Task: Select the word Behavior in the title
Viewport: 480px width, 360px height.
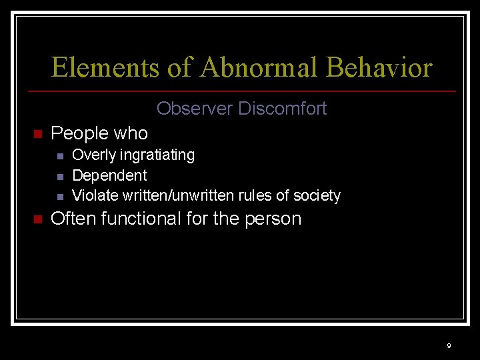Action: click(x=379, y=67)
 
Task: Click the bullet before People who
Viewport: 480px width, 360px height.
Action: click(x=37, y=135)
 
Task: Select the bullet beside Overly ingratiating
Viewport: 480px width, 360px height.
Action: click(x=60, y=156)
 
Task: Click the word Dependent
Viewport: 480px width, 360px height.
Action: click(x=109, y=175)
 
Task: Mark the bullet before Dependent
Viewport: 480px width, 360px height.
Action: click(x=60, y=177)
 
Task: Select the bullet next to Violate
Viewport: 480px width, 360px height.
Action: click(x=60, y=197)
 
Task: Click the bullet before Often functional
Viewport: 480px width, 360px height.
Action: click(x=37, y=220)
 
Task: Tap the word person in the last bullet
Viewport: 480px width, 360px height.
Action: click(x=273, y=219)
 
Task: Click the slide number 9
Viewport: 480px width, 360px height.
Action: click(x=449, y=345)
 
